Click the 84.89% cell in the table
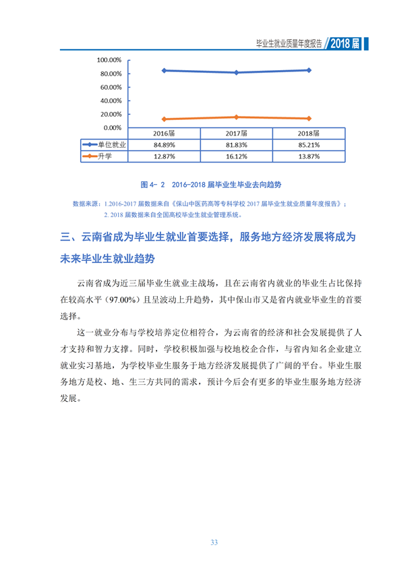coord(165,145)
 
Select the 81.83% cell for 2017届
coord(237,145)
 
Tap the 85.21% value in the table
coord(309,145)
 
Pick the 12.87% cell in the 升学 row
coord(165,156)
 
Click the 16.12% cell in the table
coord(237,156)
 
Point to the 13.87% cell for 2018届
coord(309,156)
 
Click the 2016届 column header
coord(165,133)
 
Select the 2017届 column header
coord(237,133)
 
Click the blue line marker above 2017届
coord(237,73)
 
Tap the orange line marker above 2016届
coord(165,119)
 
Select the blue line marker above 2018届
coord(309,70)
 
